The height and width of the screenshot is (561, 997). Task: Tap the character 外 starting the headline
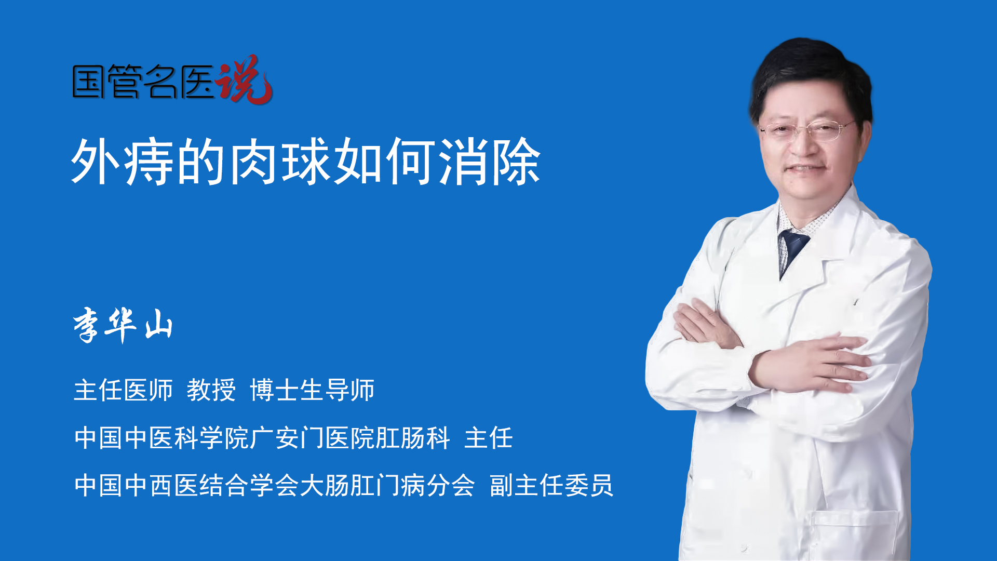coord(97,162)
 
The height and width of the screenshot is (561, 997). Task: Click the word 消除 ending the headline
coord(490,162)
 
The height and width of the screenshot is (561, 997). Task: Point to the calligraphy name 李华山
coord(123,325)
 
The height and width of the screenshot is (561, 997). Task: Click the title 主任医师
coord(123,390)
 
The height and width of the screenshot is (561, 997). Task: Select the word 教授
coord(211,390)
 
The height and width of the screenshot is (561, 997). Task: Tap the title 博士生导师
coord(312,390)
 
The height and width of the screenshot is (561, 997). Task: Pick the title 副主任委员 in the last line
coord(551,485)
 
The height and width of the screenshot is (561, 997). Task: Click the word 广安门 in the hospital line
coord(287,437)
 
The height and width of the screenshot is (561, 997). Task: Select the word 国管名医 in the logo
coord(143,82)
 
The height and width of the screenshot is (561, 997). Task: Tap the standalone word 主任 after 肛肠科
coord(489,437)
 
